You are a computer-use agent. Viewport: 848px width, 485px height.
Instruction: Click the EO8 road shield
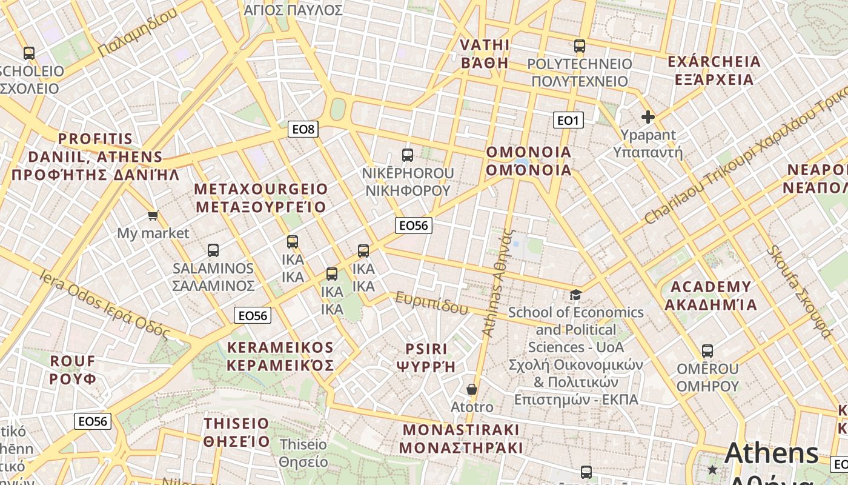(x=302, y=129)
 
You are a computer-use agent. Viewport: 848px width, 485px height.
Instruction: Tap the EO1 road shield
(x=568, y=120)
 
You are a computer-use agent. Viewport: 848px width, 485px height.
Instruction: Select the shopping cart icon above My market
(x=153, y=215)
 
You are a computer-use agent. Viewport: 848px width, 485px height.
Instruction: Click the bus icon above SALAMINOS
(x=213, y=250)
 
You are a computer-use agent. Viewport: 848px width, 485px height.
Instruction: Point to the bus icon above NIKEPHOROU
(x=408, y=155)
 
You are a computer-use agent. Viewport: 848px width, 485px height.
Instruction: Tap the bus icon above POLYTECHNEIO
(x=580, y=45)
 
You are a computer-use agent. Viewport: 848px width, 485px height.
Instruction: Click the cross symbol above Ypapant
(x=648, y=117)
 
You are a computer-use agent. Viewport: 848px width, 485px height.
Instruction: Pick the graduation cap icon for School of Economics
(x=575, y=295)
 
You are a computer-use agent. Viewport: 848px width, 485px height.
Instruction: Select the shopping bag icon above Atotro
(x=472, y=389)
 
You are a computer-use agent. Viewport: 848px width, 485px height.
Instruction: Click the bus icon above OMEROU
(x=707, y=350)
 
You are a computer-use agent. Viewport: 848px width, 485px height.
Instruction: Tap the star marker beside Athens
(x=712, y=469)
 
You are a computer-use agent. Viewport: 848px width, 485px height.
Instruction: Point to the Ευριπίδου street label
(x=432, y=302)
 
